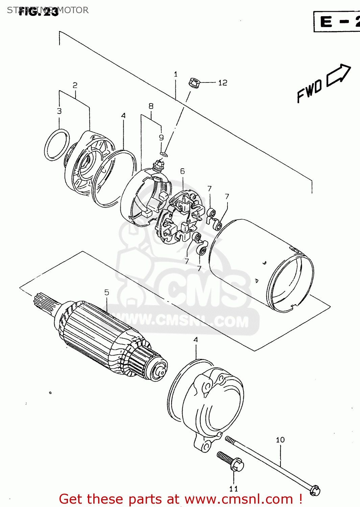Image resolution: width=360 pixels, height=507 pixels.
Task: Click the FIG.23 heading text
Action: click(38, 12)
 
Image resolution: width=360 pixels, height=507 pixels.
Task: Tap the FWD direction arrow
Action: click(338, 75)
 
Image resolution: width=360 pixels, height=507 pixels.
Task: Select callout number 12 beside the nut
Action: click(222, 83)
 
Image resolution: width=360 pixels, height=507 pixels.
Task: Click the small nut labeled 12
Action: click(193, 82)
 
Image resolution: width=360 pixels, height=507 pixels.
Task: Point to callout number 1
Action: click(175, 74)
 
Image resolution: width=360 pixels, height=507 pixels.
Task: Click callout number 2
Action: click(75, 85)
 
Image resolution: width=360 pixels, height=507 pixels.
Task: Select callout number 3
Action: click(59, 111)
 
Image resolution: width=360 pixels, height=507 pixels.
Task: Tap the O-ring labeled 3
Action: click(56, 145)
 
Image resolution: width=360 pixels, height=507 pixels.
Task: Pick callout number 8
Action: click(151, 106)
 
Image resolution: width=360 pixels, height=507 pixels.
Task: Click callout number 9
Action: click(161, 137)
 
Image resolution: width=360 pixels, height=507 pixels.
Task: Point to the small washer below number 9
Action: click(164, 154)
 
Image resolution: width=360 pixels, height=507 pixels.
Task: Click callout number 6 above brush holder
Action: click(183, 171)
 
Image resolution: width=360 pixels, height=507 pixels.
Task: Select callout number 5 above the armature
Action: click(106, 292)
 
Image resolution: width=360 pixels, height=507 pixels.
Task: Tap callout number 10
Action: click(280, 440)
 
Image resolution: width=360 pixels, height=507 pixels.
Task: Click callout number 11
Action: click(233, 489)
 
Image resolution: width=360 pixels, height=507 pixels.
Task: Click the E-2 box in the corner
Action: click(337, 22)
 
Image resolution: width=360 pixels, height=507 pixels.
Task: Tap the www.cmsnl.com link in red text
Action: click(239, 499)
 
